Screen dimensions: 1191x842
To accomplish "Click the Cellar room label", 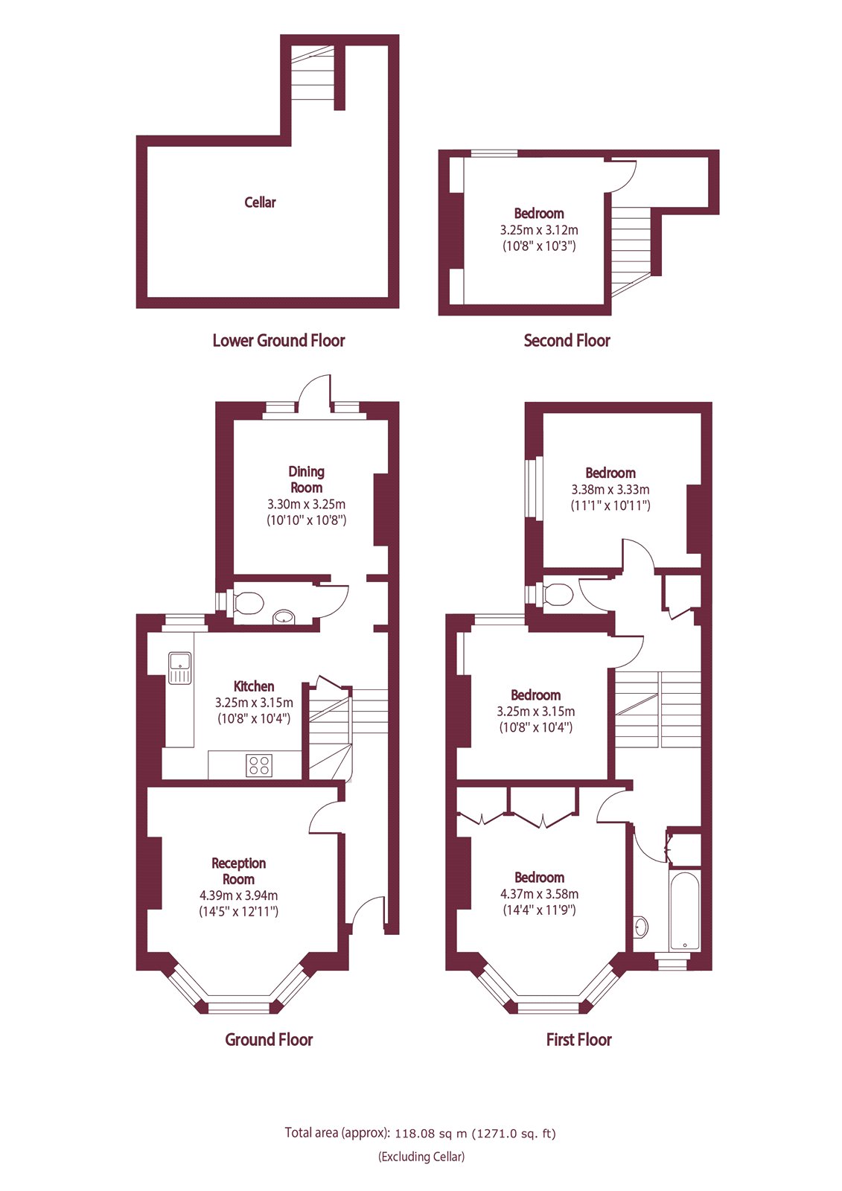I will point(260,202).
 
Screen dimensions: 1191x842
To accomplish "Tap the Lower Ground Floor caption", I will point(278,341).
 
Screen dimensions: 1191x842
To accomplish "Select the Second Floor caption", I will point(567,341).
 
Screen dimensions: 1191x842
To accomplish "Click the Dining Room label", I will point(306,479).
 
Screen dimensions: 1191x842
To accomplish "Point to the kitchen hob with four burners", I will point(259,765).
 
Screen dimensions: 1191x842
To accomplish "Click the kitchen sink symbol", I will point(179,667).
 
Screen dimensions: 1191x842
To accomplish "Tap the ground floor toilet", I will point(247,603).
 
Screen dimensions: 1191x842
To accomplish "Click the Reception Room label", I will point(238,871).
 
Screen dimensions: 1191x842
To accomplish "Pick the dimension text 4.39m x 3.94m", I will point(238,895).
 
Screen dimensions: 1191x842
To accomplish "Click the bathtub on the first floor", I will point(684,911).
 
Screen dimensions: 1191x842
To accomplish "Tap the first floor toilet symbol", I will point(558,595).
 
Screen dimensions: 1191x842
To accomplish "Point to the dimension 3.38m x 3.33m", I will point(610,490).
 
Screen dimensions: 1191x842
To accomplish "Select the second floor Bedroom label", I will point(539,214).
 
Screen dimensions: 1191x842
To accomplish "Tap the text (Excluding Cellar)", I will point(421,1157).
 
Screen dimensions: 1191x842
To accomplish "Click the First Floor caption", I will point(578,1040).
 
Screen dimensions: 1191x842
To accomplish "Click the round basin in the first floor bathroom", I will point(642,927).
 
